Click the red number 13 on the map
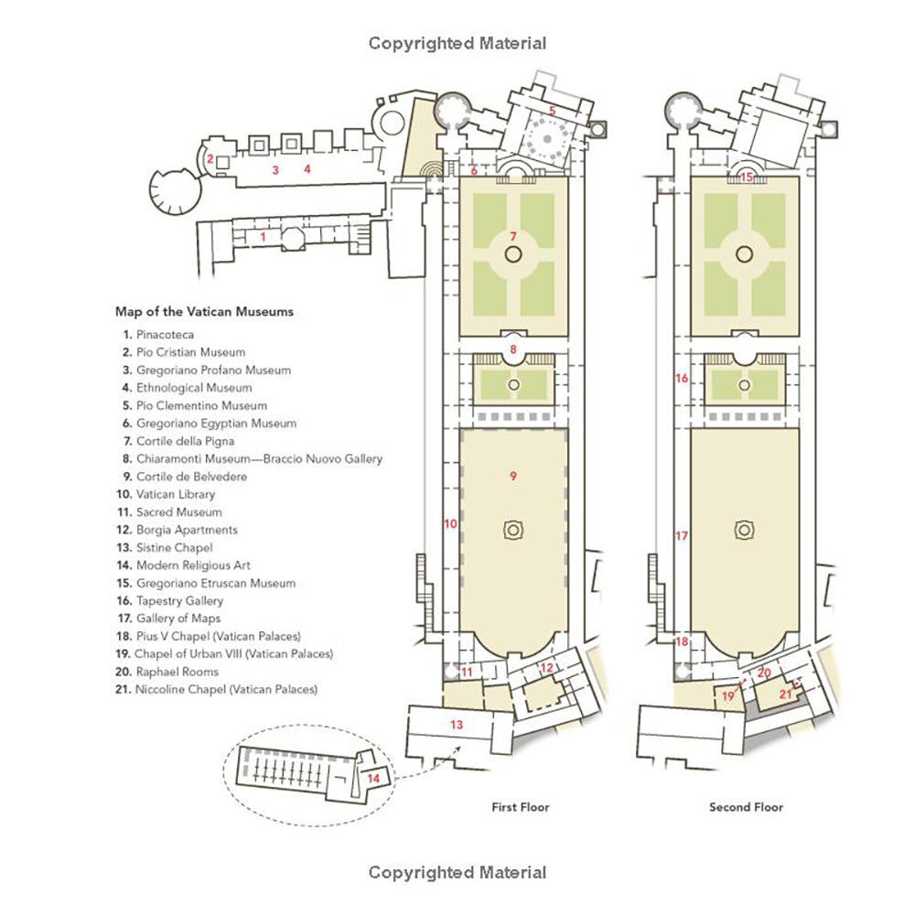point(457,724)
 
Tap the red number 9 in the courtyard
point(513,476)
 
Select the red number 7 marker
point(513,236)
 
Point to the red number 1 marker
point(264,237)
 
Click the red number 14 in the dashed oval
point(373,778)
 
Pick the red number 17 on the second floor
point(682,535)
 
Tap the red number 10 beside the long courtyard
point(450,523)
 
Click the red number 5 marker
point(552,111)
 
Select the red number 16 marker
point(682,378)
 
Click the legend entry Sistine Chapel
point(175,547)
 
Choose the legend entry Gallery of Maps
point(178,618)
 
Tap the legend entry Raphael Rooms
point(178,672)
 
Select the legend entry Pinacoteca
point(165,334)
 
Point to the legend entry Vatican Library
point(176,494)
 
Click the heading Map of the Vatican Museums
point(204,312)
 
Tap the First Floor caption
point(521,807)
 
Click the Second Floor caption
point(747,807)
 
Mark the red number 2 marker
point(210,158)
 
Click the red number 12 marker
point(547,668)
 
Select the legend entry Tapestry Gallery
point(179,600)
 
